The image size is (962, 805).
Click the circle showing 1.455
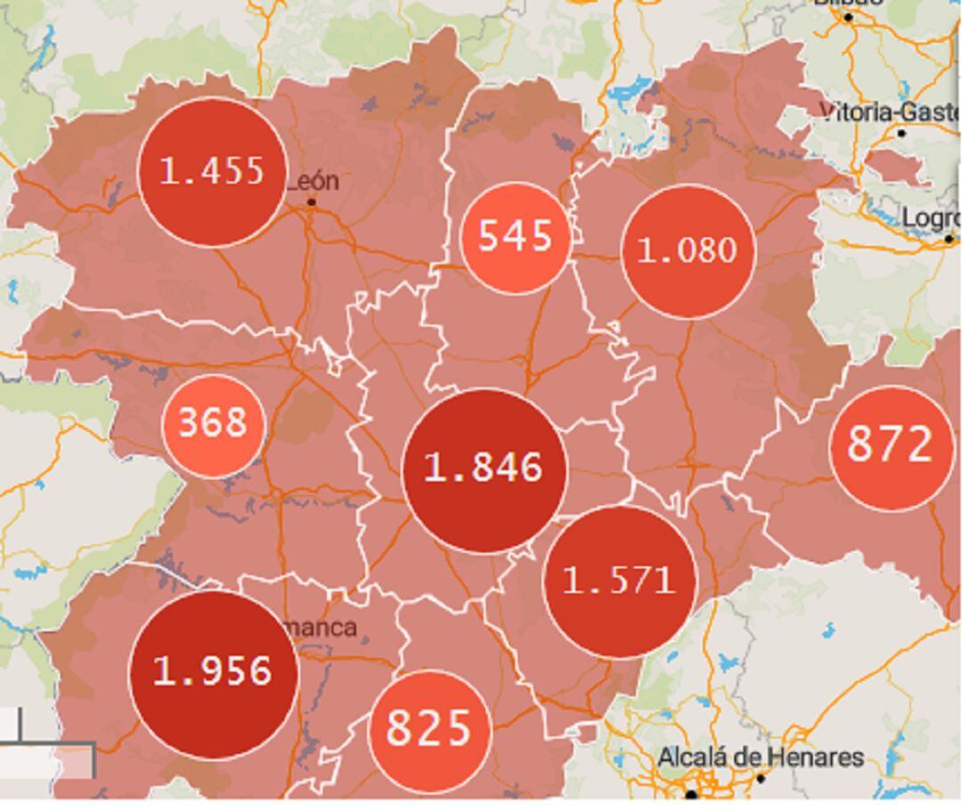tap(212, 172)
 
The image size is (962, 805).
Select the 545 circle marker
tap(514, 237)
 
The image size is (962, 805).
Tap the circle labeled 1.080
tap(687, 251)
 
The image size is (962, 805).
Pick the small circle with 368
tap(213, 424)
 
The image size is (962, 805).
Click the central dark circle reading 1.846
tap(484, 469)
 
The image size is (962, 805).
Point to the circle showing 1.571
tap(619, 581)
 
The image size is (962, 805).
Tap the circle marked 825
tap(429, 729)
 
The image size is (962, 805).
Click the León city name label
tap(313, 181)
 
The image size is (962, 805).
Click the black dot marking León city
tap(312, 203)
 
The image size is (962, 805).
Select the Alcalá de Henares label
tap(760, 758)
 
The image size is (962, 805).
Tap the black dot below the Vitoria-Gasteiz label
tap(901, 134)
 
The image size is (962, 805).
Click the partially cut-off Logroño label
tap(931, 218)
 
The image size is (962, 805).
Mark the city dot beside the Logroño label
tap(949, 239)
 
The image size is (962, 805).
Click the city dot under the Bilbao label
tap(848, 17)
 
